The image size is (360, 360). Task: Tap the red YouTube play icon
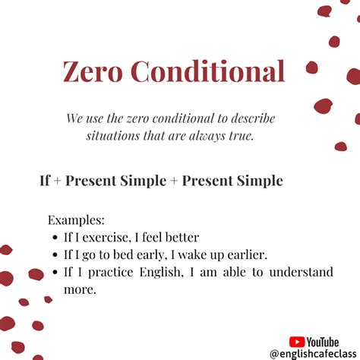pyautogui.click(x=297, y=343)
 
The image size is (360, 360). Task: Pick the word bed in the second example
pyautogui.click(x=134, y=254)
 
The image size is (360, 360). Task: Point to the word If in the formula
pyautogui.click(x=45, y=181)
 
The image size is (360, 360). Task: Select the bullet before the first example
pyautogui.click(x=56, y=238)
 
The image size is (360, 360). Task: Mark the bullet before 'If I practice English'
pyautogui.click(x=56, y=273)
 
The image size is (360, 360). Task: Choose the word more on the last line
pyautogui.click(x=80, y=289)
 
